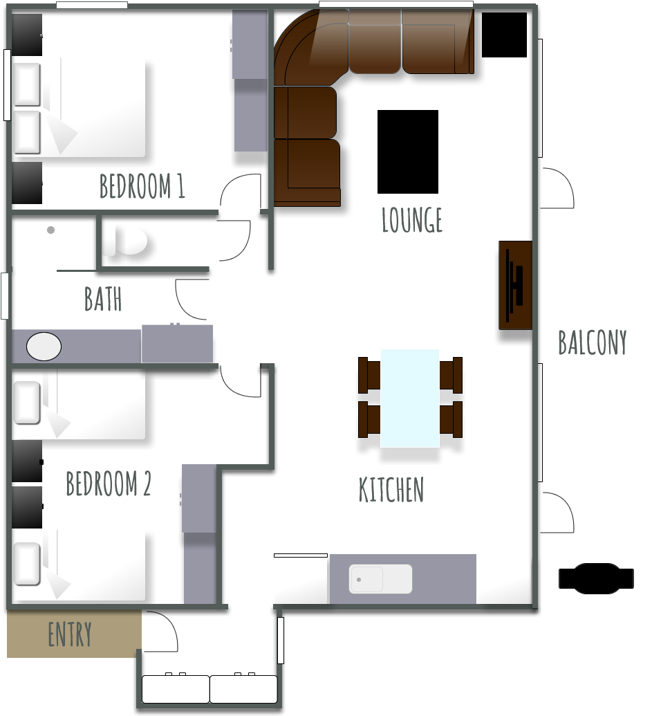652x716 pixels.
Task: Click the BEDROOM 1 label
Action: click(x=142, y=187)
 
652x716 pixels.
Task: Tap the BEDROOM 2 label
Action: click(x=108, y=484)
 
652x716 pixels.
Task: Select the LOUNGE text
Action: click(x=412, y=220)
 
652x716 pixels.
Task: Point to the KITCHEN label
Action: click(x=391, y=490)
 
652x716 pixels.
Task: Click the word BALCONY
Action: click(x=593, y=342)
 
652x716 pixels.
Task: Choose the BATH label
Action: click(x=103, y=300)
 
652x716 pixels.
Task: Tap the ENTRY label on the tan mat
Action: click(x=70, y=634)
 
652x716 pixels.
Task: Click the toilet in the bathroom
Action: click(x=126, y=240)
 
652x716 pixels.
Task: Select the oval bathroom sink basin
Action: click(x=44, y=346)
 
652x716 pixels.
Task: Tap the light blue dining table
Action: click(x=410, y=398)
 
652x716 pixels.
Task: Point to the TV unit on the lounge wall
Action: click(x=516, y=285)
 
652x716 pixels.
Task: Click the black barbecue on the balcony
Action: click(x=596, y=578)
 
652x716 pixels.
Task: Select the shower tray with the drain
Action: click(x=53, y=242)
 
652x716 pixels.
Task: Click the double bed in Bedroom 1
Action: click(x=80, y=107)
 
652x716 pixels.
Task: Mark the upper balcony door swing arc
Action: click(x=557, y=187)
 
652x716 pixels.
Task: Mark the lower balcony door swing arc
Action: click(x=557, y=513)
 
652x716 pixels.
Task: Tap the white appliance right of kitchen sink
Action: click(x=505, y=579)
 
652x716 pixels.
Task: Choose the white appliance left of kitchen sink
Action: click(x=301, y=580)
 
